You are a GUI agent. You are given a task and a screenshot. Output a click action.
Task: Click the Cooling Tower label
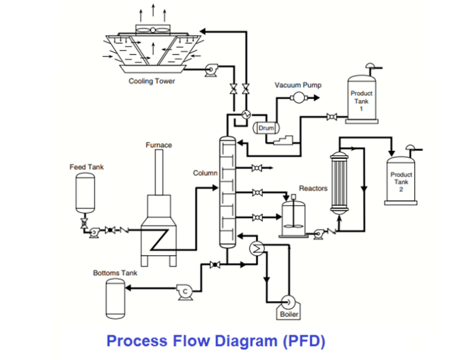pos(151,81)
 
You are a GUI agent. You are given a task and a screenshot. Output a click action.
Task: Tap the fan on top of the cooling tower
pos(153,29)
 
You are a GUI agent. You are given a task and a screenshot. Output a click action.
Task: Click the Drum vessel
pos(266,128)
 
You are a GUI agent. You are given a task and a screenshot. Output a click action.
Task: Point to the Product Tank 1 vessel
pos(361,99)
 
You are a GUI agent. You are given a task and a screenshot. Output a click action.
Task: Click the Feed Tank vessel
pos(85,193)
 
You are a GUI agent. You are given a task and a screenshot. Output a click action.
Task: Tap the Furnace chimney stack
pos(159,172)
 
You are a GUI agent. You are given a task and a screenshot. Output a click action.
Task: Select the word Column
pos(205,173)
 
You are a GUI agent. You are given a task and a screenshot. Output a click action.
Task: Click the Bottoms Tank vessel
pos(116,299)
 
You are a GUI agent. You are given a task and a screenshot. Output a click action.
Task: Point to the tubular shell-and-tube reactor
pos(339,183)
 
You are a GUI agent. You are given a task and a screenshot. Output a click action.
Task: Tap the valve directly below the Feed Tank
pos(84,223)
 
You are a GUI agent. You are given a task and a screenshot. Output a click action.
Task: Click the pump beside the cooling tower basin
pos(211,70)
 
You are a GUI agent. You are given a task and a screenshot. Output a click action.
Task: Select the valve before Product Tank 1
pos(332,116)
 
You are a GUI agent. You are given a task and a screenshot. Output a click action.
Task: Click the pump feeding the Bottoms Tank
pos(185,292)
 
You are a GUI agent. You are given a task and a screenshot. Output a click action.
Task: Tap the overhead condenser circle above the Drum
pos(246,115)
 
